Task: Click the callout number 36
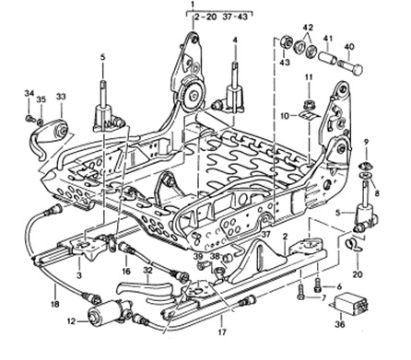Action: tap(340, 324)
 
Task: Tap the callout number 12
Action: tap(71, 321)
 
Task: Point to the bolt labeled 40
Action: tap(350, 66)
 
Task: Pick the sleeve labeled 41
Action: tap(328, 58)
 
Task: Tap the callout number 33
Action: tap(61, 97)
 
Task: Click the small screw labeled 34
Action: tap(29, 117)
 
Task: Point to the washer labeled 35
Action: tap(41, 122)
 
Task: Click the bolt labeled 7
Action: tap(300, 292)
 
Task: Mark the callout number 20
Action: tap(358, 273)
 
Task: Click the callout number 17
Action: tap(222, 331)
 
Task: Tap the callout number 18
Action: tap(54, 304)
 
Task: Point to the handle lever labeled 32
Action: tap(143, 286)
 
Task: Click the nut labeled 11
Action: tap(309, 105)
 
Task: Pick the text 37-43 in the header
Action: tap(235, 17)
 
